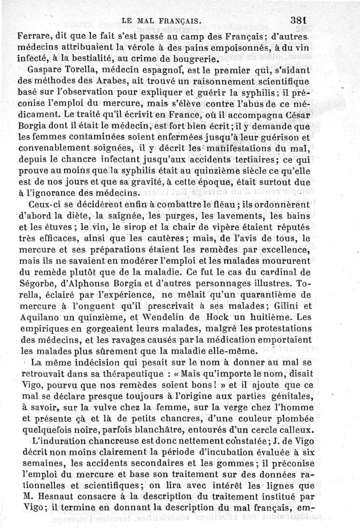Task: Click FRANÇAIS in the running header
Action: pyautogui.click(x=174, y=21)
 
